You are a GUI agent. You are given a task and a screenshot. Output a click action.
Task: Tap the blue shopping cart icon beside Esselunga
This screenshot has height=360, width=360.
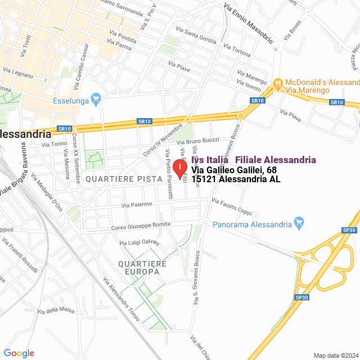(96, 99)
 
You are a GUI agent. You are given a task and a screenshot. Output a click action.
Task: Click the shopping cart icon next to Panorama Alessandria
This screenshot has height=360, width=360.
(299, 223)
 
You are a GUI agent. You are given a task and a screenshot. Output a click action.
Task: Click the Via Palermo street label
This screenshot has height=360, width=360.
(138, 204)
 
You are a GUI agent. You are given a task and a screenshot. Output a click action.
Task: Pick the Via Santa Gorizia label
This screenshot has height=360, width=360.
(197, 33)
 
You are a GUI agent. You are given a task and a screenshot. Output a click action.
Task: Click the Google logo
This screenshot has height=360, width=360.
(19, 353)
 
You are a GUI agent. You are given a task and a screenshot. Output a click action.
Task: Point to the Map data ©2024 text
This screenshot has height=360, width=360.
(336, 355)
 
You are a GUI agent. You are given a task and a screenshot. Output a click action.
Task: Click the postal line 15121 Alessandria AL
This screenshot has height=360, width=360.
(236, 179)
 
